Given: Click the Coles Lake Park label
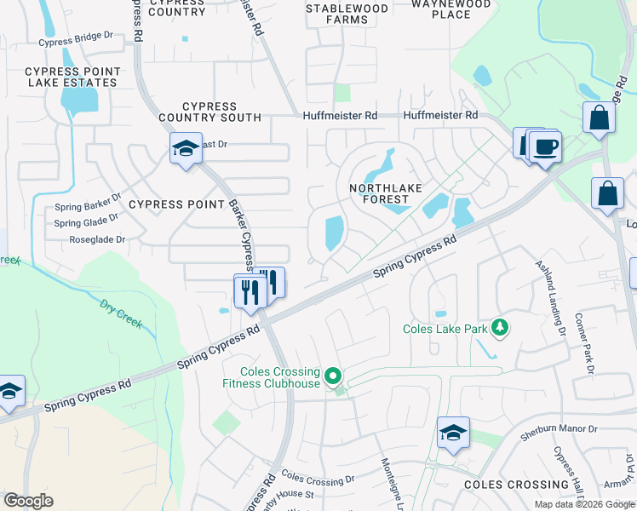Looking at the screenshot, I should [x=445, y=328].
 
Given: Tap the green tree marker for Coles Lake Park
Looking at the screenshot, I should [x=501, y=328].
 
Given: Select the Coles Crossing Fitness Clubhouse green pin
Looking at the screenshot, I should [x=334, y=376].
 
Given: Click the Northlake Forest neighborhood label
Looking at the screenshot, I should [x=380, y=193].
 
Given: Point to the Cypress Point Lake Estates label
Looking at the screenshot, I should [x=71, y=77].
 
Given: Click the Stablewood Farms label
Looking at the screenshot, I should [x=347, y=14].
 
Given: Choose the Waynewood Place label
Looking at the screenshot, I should [x=450, y=9].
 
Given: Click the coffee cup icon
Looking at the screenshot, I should [x=544, y=146].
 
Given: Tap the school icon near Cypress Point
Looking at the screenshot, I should [x=186, y=150].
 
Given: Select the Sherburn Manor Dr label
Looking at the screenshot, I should [x=559, y=431].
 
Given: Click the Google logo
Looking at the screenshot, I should [x=28, y=501].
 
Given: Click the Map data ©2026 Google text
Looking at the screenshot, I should [x=584, y=504].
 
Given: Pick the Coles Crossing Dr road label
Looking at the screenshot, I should [x=318, y=479].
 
